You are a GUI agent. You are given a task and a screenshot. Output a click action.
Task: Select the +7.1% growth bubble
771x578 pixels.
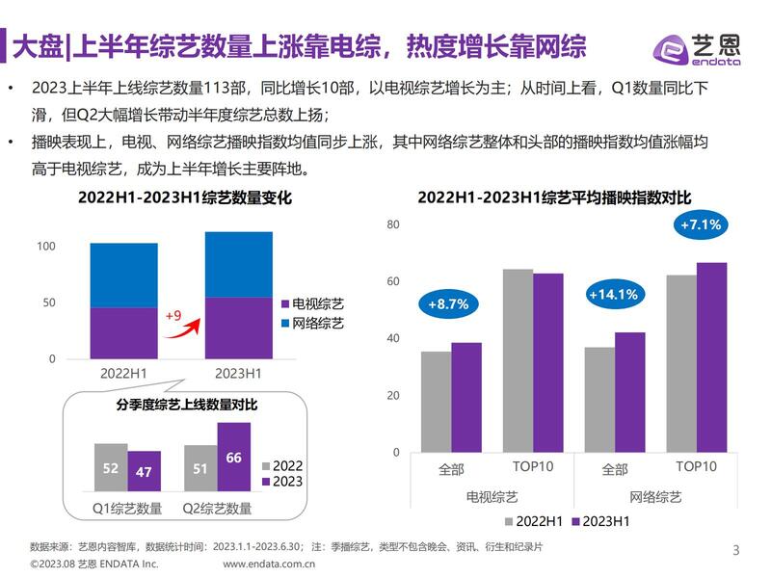point(700,224)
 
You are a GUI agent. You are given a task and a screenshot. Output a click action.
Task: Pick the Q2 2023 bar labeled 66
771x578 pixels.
point(233,458)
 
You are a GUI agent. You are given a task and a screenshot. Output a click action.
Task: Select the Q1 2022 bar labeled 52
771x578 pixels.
point(110,467)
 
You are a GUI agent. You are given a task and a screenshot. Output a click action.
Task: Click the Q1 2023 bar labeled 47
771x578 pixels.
point(145,471)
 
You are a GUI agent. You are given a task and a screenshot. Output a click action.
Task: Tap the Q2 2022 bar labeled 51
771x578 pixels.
point(200,468)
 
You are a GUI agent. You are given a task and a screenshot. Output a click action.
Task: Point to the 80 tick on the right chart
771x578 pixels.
point(392,224)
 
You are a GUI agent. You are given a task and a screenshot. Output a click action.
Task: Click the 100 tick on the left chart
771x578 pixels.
point(46,247)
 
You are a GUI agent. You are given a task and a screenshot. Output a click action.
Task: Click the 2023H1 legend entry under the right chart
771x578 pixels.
point(601,521)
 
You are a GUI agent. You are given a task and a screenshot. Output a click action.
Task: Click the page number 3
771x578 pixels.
point(736,551)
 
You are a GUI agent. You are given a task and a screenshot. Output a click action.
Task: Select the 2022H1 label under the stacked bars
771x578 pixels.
point(123,372)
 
